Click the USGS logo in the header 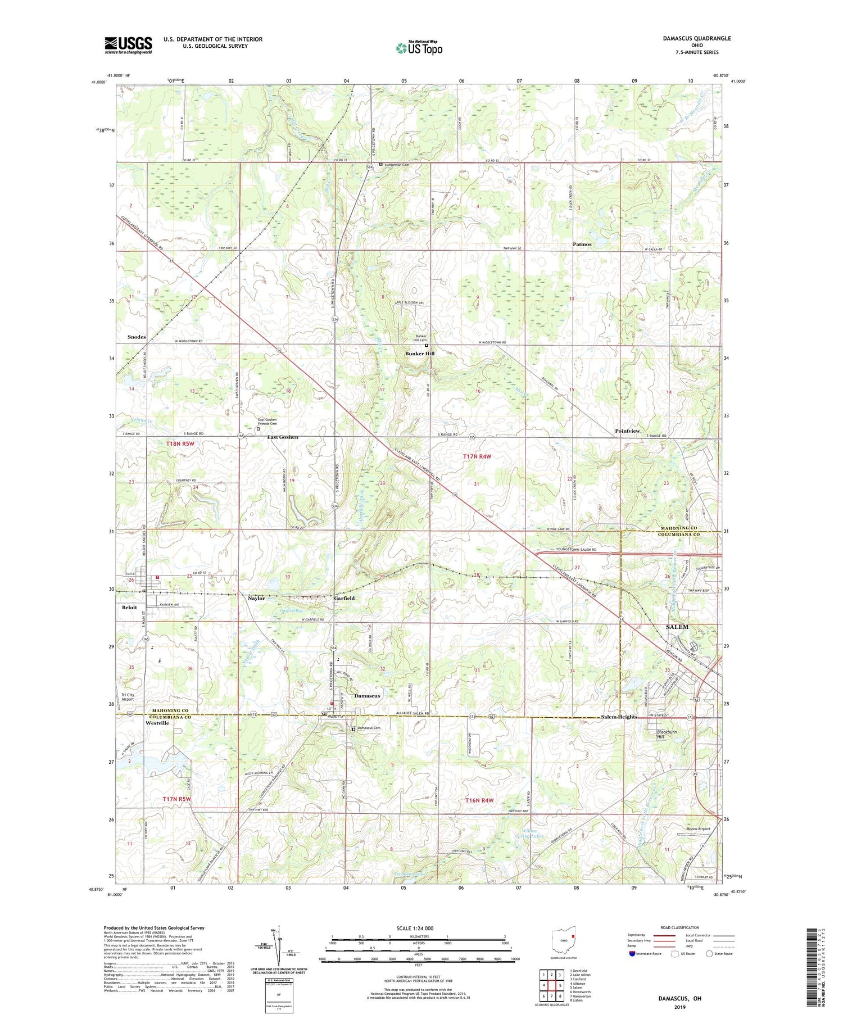click(128, 45)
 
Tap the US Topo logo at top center click(419, 48)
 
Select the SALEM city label click(677, 627)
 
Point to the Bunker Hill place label click(420, 354)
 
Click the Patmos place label click(582, 244)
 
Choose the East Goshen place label click(282, 437)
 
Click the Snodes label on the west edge click(136, 337)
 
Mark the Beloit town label click(129, 608)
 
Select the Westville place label click(157, 723)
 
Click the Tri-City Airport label click(128, 697)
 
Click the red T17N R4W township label click(477, 456)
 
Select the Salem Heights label click(619, 717)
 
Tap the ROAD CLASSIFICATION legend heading click(680, 927)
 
